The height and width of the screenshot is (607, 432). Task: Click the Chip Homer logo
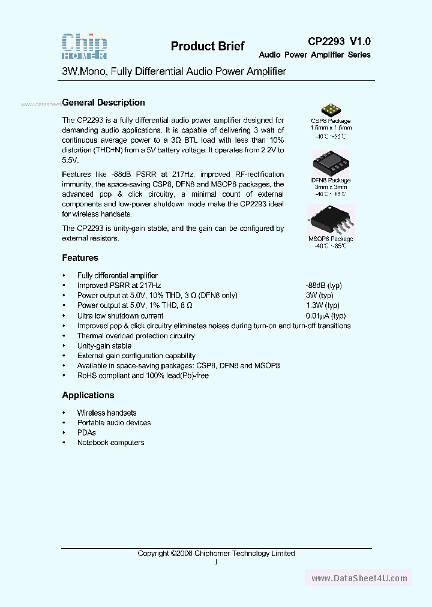(x=85, y=46)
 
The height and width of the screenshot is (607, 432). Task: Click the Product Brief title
(x=208, y=47)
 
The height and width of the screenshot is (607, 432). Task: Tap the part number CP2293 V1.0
(x=339, y=41)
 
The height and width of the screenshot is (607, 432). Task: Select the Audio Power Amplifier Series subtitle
(x=314, y=55)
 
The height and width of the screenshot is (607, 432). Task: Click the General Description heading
(x=104, y=103)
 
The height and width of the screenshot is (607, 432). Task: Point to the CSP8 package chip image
(x=331, y=109)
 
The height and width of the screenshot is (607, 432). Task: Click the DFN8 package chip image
(x=331, y=163)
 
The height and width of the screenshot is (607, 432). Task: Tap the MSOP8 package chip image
(x=331, y=220)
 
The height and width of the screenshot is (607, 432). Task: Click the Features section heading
(x=80, y=258)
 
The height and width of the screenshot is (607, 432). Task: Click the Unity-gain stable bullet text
(x=104, y=346)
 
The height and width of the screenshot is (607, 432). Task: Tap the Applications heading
(x=88, y=395)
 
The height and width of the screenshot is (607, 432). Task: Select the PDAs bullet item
(x=86, y=432)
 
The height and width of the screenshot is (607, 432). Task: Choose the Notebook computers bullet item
(x=110, y=443)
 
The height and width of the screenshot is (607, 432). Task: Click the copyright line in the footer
(x=216, y=554)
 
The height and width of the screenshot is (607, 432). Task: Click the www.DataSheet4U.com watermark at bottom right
(x=359, y=578)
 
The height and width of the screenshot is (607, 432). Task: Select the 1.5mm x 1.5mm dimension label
(x=331, y=128)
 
